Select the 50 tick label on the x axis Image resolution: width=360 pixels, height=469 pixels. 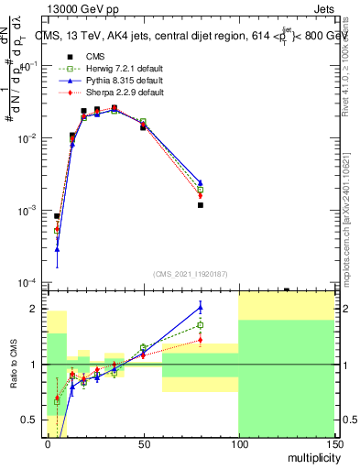coord(143,445)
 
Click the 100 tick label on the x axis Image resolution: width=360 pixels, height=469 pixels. coord(238,445)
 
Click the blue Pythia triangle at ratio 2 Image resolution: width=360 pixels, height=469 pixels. coord(200,306)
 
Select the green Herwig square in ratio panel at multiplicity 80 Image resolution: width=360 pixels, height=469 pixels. coord(200,324)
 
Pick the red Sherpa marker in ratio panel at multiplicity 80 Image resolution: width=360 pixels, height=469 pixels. coord(200,340)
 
